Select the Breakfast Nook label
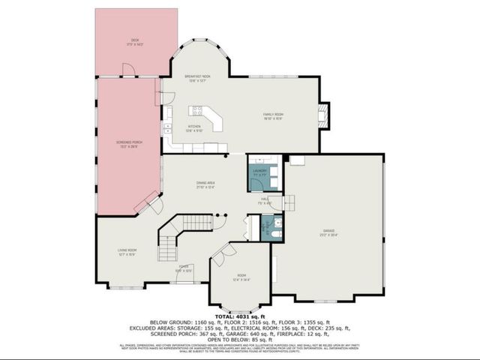click(197, 77)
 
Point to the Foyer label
click(182, 267)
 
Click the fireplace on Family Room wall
click(323, 115)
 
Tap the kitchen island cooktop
click(197, 109)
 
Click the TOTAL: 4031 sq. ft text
click(240, 318)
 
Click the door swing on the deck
click(128, 70)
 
